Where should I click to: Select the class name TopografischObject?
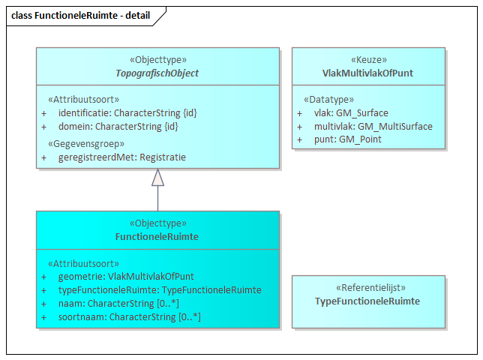157,73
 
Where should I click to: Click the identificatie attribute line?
127,112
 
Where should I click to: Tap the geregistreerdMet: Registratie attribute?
121,157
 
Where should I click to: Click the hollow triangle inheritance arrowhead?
157,177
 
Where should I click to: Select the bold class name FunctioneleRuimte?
157,236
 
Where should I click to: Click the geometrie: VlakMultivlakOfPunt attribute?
126,277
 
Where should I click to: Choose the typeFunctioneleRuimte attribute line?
159,290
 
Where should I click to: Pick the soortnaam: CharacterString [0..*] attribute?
129,317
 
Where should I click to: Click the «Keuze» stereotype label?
368,60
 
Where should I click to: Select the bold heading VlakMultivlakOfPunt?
368,73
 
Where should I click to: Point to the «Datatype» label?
328,99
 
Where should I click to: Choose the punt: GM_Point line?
347,139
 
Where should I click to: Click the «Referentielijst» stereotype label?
368,288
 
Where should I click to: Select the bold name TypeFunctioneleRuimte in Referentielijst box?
368,301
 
